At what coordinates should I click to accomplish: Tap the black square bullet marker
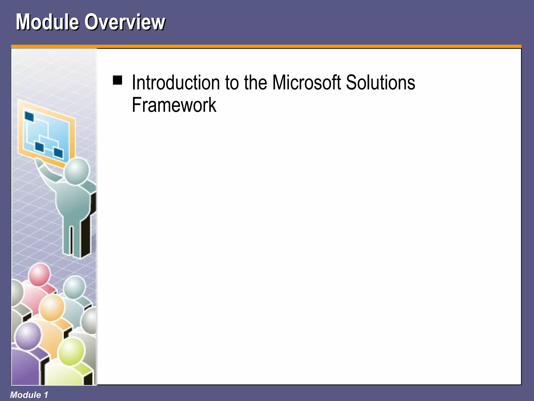[x=117, y=80]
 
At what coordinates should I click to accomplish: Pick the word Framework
[x=174, y=105]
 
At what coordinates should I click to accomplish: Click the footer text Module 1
[x=29, y=395]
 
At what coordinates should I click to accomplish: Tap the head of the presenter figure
[x=77, y=171]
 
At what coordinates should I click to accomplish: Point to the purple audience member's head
[x=28, y=336]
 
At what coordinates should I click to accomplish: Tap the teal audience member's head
[x=74, y=287]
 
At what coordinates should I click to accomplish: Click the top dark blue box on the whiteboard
[x=29, y=116]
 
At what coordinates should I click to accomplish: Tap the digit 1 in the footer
[x=46, y=395]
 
